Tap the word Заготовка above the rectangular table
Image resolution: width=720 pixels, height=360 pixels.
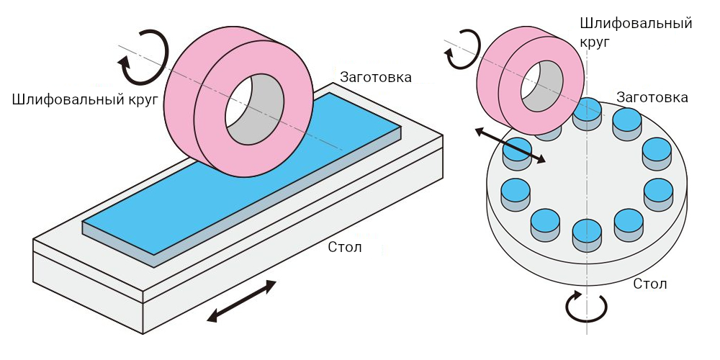tap(376, 77)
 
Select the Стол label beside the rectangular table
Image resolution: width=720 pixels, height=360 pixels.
tap(345, 247)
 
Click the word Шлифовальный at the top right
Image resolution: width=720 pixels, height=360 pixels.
tap(636, 23)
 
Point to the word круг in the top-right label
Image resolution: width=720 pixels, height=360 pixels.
tap(595, 42)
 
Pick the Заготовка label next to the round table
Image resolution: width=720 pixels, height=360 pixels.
tap(652, 97)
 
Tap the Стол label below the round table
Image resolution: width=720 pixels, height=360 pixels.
tap(649, 283)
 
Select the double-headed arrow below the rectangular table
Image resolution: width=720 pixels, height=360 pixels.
tap(241, 301)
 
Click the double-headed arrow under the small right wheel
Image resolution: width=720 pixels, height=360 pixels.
tap(510, 145)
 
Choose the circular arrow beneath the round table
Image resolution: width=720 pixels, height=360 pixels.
tap(586, 307)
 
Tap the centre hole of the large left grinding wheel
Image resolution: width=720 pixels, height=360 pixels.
tap(254, 109)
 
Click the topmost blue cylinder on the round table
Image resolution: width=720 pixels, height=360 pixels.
tap(587, 114)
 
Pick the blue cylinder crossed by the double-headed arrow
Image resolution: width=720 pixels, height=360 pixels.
tap(518, 155)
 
